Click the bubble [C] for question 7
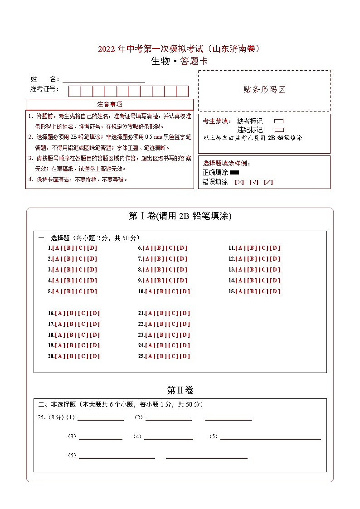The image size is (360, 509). click(171, 259)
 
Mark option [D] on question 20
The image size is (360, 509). click(95, 356)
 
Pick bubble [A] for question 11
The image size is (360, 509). click(240, 248)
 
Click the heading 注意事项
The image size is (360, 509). click(109, 104)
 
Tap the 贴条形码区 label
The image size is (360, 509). click(264, 90)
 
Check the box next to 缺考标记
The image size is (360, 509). click(279, 121)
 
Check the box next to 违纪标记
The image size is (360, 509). click(279, 130)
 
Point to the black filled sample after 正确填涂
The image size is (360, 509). click(234, 172)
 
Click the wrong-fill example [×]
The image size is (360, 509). click(239, 182)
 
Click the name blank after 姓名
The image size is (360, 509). click(104, 79)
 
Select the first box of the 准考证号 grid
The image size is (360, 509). click(74, 91)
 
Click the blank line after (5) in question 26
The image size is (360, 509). click(270, 436)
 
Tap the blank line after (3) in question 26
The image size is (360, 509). click(100, 436)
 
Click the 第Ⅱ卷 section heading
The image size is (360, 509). click(180, 390)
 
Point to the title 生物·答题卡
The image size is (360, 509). click(180, 62)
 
